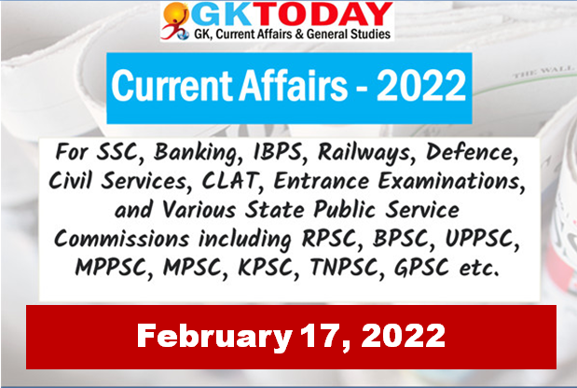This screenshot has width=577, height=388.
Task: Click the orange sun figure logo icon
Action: click(x=175, y=21)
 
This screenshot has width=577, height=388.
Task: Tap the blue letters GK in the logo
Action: click(x=228, y=15)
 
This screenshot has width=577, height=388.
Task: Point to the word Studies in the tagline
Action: click(x=370, y=35)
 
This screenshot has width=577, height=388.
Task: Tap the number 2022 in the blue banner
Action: click(x=421, y=85)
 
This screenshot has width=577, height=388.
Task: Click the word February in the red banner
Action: click(x=214, y=338)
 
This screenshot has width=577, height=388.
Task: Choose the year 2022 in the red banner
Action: click(x=404, y=336)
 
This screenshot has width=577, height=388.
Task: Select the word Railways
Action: click(x=364, y=153)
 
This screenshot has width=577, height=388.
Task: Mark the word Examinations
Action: click(x=451, y=181)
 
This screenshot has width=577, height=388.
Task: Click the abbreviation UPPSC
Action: click(x=482, y=240)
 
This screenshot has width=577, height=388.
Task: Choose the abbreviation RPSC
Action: click(x=330, y=240)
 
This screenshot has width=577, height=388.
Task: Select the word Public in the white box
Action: click(x=345, y=210)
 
